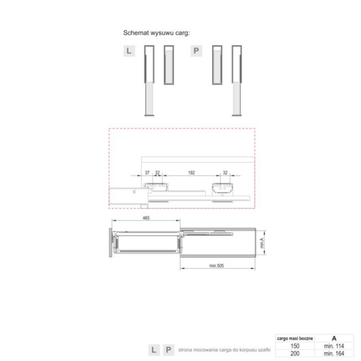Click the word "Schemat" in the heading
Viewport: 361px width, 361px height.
click(138, 32)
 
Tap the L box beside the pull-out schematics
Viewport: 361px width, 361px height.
click(129, 51)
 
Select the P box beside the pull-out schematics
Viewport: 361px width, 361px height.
click(196, 51)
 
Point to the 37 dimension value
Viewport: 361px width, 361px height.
click(147, 173)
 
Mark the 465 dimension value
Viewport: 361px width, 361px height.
click(146, 219)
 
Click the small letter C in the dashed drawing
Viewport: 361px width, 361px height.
click(135, 192)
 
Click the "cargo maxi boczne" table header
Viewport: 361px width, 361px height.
click(295, 338)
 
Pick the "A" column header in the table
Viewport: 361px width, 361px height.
click(334, 338)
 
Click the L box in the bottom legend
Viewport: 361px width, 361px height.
click(154, 349)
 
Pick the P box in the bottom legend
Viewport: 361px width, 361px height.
click(168, 349)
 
